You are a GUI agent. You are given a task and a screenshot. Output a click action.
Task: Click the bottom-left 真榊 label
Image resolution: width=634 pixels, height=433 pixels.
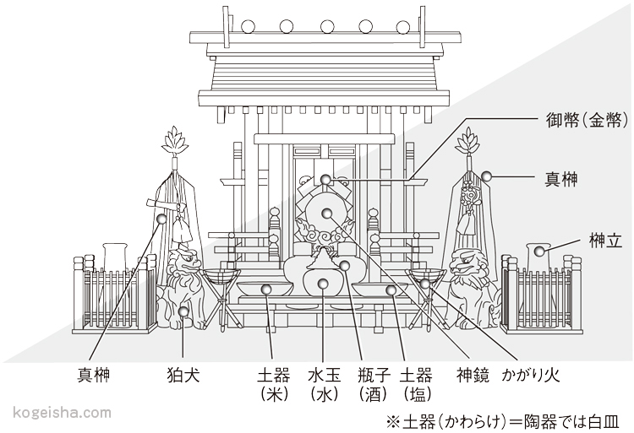[95, 373]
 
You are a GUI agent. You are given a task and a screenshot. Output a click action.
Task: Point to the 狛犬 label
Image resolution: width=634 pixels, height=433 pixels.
[183, 373]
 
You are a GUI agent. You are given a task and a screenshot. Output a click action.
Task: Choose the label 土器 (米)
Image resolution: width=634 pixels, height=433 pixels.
[271, 382]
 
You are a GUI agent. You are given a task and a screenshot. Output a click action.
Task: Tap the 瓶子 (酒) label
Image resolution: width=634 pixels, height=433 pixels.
[372, 382]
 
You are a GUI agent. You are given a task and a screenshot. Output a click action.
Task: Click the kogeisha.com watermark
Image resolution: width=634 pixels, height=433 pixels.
[63, 413]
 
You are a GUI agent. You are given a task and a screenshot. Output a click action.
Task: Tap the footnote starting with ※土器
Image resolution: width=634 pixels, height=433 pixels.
[503, 419]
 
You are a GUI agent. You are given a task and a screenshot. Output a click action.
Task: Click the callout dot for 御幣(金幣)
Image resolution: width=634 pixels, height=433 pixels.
[325, 179]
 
